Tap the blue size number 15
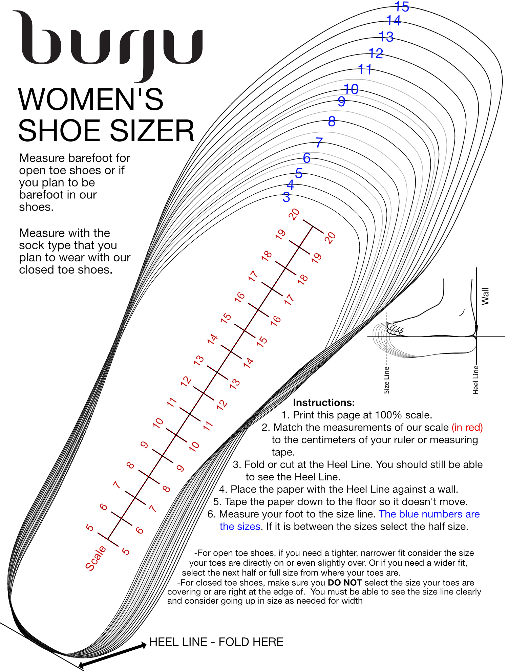pos(402,7)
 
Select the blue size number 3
pos(286,197)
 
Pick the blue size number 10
pos(351,89)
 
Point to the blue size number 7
pos(319,143)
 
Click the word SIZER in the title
pos(152,131)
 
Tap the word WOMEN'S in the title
pos(91,100)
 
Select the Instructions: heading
pos(324,403)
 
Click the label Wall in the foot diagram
pos(485,296)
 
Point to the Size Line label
pos(386,380)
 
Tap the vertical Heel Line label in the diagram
pos(475,380)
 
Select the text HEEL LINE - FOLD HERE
pos(216,642)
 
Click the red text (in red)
pos(467,427)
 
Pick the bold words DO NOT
pos(345,583)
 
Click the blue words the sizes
pos(240,526)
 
